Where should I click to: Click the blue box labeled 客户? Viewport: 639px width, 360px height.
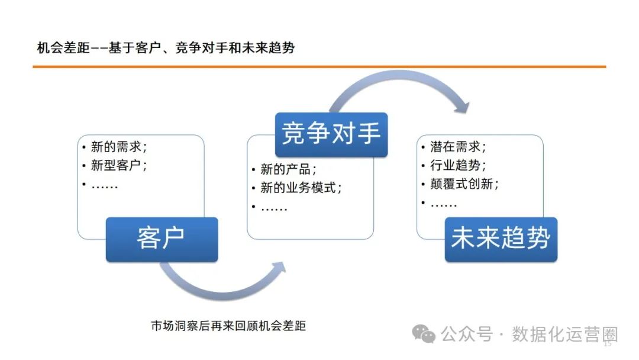point(162,239)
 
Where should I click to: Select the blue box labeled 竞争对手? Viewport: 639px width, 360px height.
point(331,134)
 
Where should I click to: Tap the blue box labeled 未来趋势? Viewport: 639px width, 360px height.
point(501,239)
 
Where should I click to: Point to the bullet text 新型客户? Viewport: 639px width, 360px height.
point(119,166)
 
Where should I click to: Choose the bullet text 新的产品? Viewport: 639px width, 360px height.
point(289,170)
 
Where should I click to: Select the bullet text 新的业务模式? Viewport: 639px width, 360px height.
point(301,188)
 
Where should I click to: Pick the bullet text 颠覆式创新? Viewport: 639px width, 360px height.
point(464,184)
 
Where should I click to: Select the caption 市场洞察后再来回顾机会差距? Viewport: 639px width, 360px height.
point(228,326)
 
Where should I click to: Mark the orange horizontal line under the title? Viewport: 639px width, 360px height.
point(319,67)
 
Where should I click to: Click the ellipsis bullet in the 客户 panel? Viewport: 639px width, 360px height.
point(105,185)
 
